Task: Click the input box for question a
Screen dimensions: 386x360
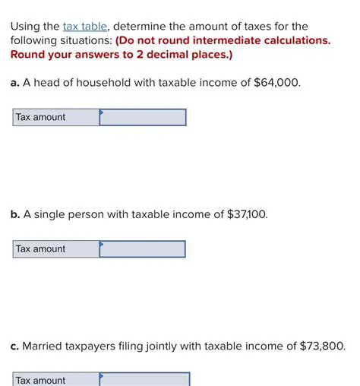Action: point(143,117)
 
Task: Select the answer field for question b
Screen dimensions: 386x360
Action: point(143,249)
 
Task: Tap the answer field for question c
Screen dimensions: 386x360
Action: point(144,379)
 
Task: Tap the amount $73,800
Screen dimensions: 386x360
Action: point(321,346)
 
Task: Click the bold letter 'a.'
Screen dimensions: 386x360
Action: point(15,84)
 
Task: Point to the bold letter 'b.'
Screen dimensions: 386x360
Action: point(15,215)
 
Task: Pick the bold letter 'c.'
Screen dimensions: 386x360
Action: point(14,346)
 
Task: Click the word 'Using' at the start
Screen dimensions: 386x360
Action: point(26,26)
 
